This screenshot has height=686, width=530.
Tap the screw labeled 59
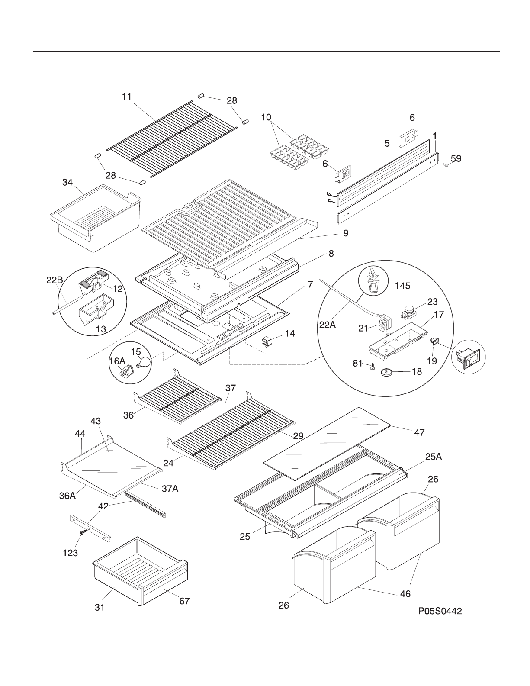tap(445, 165)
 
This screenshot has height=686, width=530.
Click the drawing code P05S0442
tap(440, 611)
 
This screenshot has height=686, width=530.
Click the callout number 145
tap(402, 286)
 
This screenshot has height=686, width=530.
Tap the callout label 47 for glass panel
tap(419, 432)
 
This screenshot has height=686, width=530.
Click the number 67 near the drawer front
tap(184, 601)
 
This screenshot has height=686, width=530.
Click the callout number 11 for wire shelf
tap(126, 97)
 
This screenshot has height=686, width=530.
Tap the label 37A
tap(170, 488)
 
